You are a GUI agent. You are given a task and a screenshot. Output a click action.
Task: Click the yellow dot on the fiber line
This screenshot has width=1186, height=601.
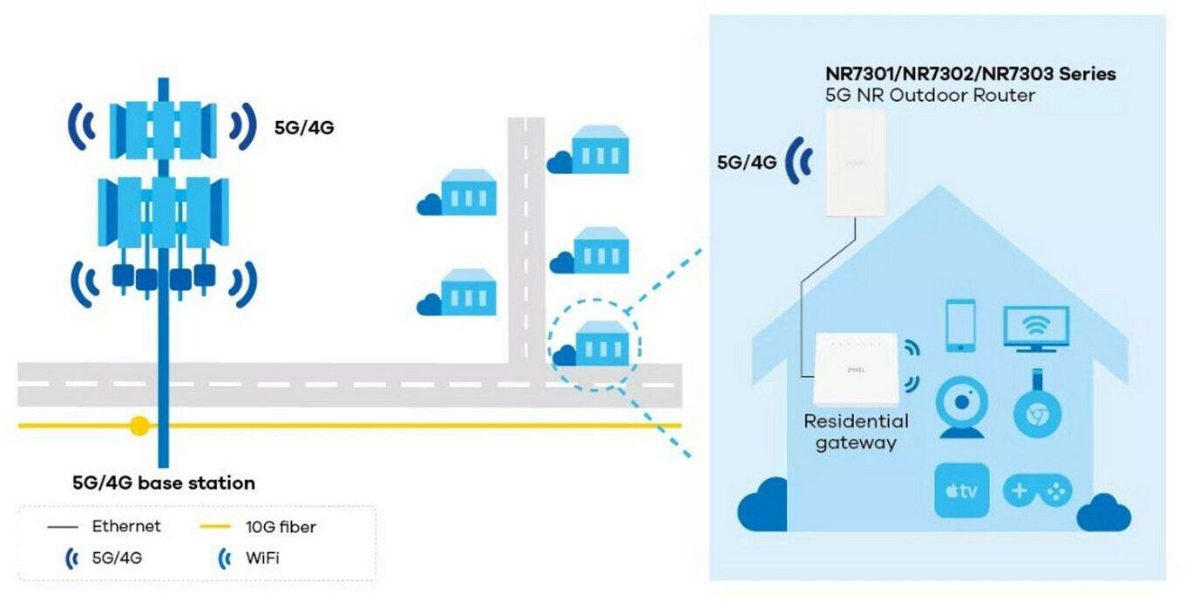pyautogui.click(x=139, y=426)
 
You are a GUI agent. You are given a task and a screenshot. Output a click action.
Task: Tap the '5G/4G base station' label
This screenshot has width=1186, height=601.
pyautogui.click(x=164, y=483)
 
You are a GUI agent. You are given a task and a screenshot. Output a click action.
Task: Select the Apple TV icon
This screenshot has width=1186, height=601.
pyautogui.click(x=961, y=490)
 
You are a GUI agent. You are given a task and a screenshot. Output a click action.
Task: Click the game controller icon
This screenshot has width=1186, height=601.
pyautogui.click(x=1037, y=490)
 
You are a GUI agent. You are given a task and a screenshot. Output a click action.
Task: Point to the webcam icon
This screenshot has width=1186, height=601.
pyautogui.click(x=961, y=407)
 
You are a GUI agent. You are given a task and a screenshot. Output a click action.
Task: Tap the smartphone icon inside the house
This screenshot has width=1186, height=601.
pyautogui.click(x=960, y=326)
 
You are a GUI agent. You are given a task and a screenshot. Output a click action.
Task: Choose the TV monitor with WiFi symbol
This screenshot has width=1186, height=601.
pyautogui.click(x=1036, y=329)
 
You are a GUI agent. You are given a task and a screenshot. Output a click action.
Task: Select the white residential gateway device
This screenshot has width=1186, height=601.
pyautogui.click(x=856, y=368)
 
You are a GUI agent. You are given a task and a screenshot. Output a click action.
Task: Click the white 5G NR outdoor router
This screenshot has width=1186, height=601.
pyautogui.click(x=856, y=163)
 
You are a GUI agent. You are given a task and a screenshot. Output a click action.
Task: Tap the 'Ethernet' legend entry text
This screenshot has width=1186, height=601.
pyautogui.click(x=126, y=526)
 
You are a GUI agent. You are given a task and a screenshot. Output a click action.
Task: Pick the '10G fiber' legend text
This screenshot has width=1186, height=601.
pyautogui.click(x=281, y=527)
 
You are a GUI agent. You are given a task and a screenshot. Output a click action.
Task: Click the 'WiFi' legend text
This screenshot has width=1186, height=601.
pyautogui.click(x=262, y=558)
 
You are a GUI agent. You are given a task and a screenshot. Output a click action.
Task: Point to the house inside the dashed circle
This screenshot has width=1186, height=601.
pyautogui.click(x=602, y=343)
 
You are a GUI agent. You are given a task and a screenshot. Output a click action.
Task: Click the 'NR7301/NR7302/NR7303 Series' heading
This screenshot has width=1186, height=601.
pyautogui.click(x=971, y=74)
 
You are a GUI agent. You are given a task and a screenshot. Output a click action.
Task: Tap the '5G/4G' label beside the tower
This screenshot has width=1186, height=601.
pyautogui.click(x=304, y=128)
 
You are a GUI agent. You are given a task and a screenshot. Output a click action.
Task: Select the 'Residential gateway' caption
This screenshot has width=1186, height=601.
pyautogui.click(x=856, y=432)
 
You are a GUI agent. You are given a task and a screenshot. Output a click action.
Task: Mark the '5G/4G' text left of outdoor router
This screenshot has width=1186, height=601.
pyautogui.click(x=747, y=162)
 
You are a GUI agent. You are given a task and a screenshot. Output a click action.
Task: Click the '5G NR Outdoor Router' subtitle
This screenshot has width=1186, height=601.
pyautogui.click(x=930, y=95)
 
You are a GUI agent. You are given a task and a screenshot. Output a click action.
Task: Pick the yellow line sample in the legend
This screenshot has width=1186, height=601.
pyautogui.click(x=215, y=526)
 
